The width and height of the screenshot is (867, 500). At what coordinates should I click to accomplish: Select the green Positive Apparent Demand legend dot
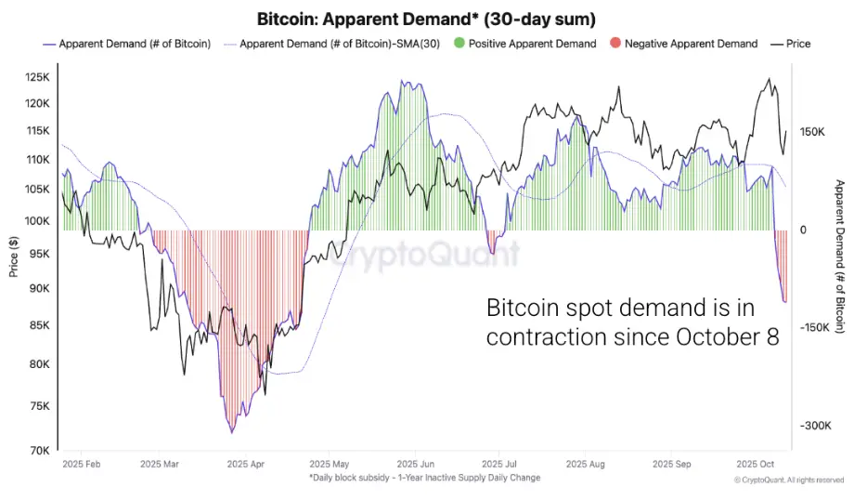459,44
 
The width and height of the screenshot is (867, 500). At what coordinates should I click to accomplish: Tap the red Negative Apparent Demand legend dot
615,44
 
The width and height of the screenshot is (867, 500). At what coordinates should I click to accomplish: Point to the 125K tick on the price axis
39,76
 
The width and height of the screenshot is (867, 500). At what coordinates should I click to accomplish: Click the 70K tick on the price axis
42,451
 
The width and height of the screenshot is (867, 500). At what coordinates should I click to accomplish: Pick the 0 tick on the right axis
804,230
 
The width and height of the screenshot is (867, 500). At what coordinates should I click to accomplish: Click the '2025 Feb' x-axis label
83,463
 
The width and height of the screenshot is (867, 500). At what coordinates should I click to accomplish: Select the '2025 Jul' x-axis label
499,463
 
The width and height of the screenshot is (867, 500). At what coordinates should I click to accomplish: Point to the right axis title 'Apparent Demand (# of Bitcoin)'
840,256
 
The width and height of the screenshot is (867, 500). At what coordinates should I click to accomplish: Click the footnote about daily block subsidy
424,478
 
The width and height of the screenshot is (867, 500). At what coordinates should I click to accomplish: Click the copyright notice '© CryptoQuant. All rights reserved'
788,480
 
